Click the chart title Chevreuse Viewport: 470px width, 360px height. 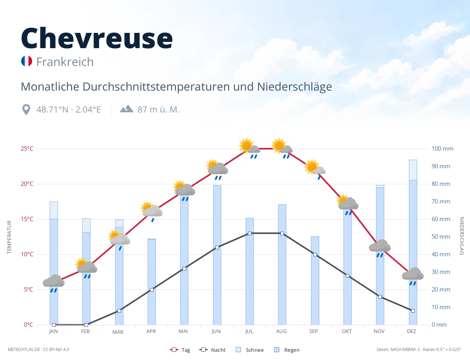[x=97, y=38]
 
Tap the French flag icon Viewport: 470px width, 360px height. [x=27, y=61]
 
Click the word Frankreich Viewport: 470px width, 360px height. [x=65, y=62]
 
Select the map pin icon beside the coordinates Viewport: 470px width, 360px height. [x=26, y=110]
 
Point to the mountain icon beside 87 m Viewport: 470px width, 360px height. [x=127, y=108]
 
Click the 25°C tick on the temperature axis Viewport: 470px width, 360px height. [x=27, y=149]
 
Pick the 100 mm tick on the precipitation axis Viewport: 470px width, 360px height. [x=442, y=149]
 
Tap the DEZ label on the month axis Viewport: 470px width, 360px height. [x=411, y=331]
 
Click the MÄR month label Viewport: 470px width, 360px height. [x=118, y=332]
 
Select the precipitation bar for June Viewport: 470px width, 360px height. [x=217, y=255]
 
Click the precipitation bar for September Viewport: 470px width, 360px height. [x=315, y=281]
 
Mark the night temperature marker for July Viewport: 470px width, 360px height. [x=249, y=233]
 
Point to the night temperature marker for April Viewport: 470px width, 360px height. [x=152, y=290]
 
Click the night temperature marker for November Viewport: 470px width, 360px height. [x=380, y=297]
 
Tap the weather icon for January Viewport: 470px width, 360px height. [x=54, y=283]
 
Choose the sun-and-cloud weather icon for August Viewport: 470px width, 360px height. [x=282, y=148]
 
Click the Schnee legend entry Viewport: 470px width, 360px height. [x=249, y=350]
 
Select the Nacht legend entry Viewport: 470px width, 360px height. [x=212, y=350]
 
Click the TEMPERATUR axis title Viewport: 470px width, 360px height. [x=9, y=237]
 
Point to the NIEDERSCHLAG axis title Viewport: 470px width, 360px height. [x=461, y=236]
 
